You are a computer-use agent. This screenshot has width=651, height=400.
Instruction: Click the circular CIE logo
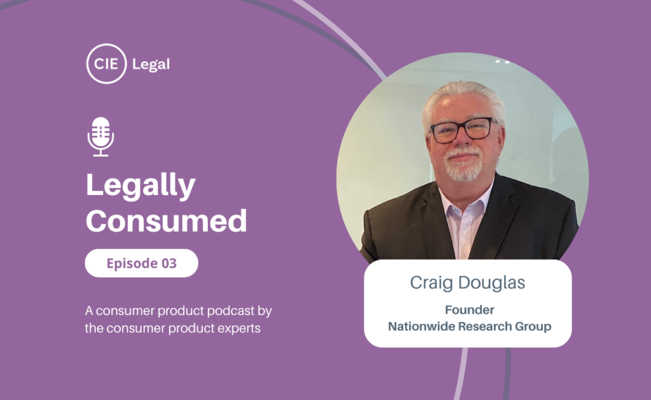pyautogui.click(x=106, y=63)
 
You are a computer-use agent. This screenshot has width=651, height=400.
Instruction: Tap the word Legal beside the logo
pyautogui.click(x=151, y=64)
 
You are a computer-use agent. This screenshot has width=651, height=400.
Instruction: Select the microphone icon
pyautogui.click(x=100, y=136)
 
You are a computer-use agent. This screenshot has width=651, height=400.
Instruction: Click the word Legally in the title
pyautogui.click(x=140, y=187)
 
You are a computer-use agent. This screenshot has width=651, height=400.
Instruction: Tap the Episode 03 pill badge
pyautogui.click(x=141, y=263)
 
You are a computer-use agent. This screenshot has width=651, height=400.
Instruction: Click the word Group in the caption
pyautogui.click(x=533, y=326)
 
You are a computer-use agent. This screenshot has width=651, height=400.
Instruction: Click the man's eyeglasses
pyautogui.click(x=462, y=130)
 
